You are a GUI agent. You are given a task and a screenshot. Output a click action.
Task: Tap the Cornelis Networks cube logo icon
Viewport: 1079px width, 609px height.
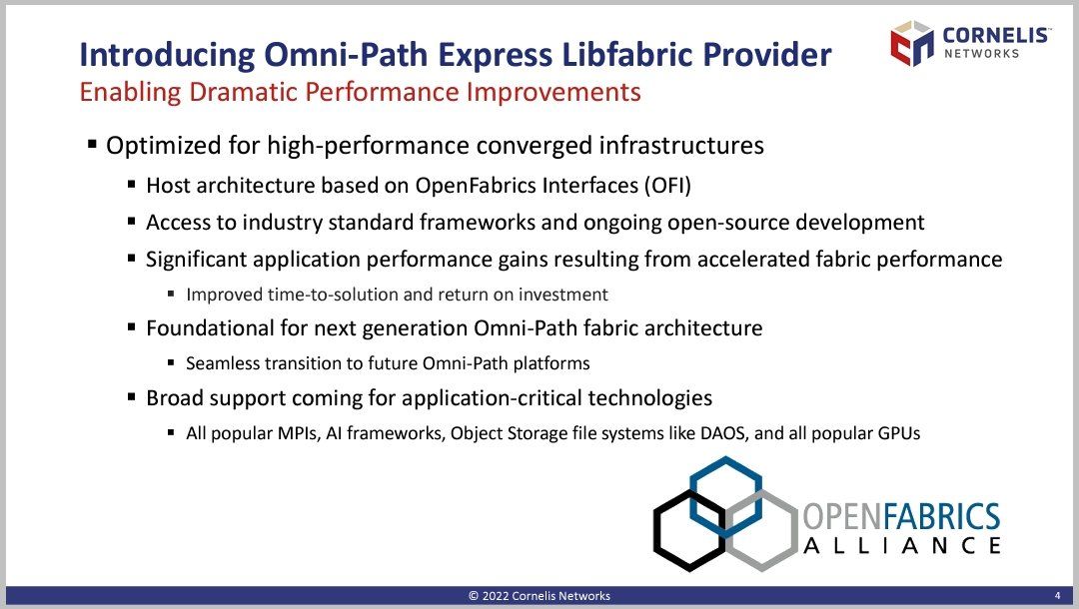pyautogui.click(x=912, y=43)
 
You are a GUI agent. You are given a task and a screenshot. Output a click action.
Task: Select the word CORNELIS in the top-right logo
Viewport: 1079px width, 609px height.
pyautogui.click(x=996, y=35)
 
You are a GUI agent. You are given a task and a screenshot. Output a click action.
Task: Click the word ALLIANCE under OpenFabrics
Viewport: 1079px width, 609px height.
pyautogui.click(x=902, y=546)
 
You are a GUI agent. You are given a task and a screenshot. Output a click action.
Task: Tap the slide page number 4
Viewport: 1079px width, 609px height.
pyautogui.click(x=1058, y=596)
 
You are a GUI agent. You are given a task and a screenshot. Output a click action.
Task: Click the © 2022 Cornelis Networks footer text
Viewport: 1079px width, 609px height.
pyautogui.click(x=539, y=596)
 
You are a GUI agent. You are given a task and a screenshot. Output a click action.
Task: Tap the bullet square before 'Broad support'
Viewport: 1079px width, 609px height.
pyautogui.click(x=132, y=397)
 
